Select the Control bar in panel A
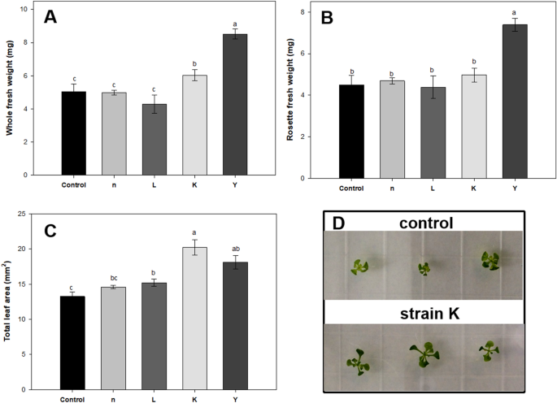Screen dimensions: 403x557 74,133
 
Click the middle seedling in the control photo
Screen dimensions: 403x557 423,268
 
